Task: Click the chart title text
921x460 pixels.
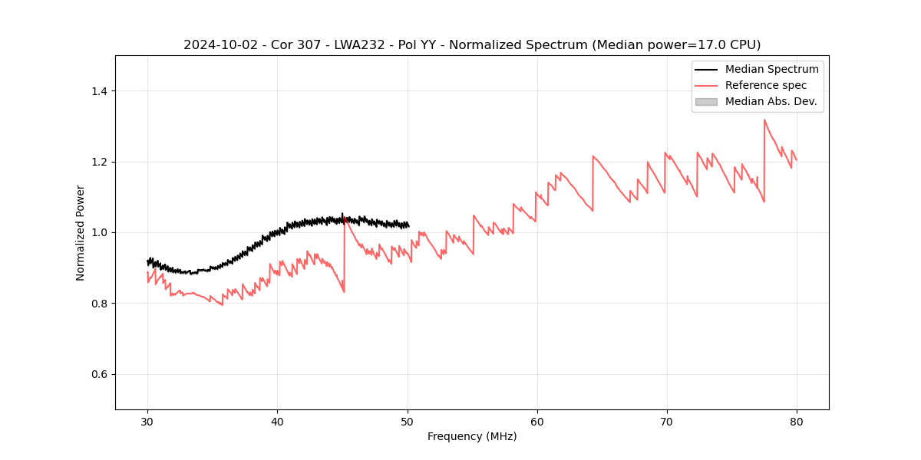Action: point(472,45)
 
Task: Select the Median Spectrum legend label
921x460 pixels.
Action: point(771,69)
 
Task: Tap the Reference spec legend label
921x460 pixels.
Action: point(766,85)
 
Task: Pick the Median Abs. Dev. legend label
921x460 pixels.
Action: point(771,101)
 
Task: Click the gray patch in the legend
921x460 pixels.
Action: point(706,101)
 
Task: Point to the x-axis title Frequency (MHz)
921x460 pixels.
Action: point(472,436)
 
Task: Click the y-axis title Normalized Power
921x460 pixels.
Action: point(81,232)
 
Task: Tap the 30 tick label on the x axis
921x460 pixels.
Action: point(148,422)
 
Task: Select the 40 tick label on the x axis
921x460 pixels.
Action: point(278,422)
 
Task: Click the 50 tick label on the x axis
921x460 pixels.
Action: point(408,422)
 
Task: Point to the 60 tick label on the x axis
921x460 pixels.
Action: point(537,422)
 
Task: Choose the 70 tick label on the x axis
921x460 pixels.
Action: point(667,422)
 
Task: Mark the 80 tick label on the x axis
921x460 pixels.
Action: point(797,422)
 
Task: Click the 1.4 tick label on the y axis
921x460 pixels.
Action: point(100,91)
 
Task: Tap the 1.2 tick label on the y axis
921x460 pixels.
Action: point(100,162)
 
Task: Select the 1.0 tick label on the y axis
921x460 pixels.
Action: point(100,232)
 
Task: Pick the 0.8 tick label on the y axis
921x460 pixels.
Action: point(100,304)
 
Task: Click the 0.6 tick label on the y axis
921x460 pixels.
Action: point(100,374)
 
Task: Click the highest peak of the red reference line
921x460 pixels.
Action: point(764,120)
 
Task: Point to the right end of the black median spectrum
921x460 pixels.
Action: point(408,225)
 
